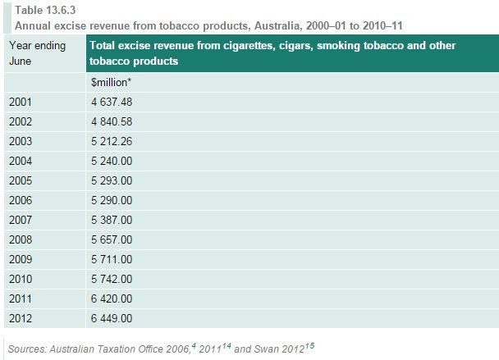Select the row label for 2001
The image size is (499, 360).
pyautogui.click(x=21, y=102)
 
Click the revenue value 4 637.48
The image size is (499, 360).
pyautogui.click(x=112, y=102)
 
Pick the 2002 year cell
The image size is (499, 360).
pyautogui.click(x=21, y=121)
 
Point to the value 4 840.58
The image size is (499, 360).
pyautogui.click(x=112, y=121)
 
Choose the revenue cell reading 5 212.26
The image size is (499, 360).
pyautogui.click(x=112, y=141)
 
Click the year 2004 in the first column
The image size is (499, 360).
pyautogui.click(x=21, y=161)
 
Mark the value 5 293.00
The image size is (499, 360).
pyautogui.click(x=112, y=180)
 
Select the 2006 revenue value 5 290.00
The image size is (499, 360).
pyautogui.click(x=112, y=200)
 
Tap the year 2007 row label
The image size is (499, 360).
pyautogui.click(x=21, y=220)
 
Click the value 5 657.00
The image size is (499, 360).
pyautogui.click(x=112, y=239)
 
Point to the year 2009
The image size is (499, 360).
pyautogui.click(x=21, y=259)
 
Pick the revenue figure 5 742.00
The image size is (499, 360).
pyautogui.click(x=112, y=279)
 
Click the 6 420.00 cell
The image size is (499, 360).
pyautogui.click(x=112, y=298)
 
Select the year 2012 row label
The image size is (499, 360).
pyautogui.click(x=21, y=318)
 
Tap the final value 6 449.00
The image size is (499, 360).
pyautogui.click(x=112, y=318)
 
